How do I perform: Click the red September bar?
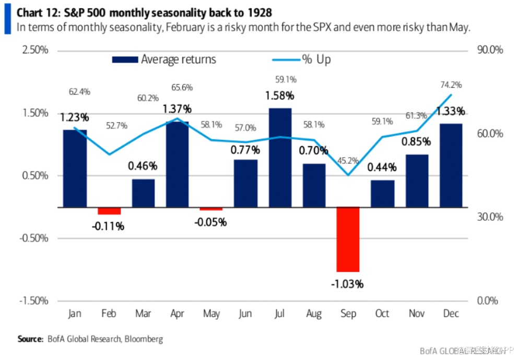pos(348,239)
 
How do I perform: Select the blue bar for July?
pos(280,157)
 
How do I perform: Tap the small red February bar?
pos(109,211)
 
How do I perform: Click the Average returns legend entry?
pos(164,59)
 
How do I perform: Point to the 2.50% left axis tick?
pos(34,51)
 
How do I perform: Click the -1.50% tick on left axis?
pos(33,301)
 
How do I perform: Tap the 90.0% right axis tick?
pos(490,51)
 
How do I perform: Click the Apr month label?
pos(177,314)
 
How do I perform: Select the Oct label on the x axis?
pos(382,314)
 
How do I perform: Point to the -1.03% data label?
pos(347,284)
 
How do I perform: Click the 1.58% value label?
pos(280,96)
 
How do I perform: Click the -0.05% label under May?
pos(211,222)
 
